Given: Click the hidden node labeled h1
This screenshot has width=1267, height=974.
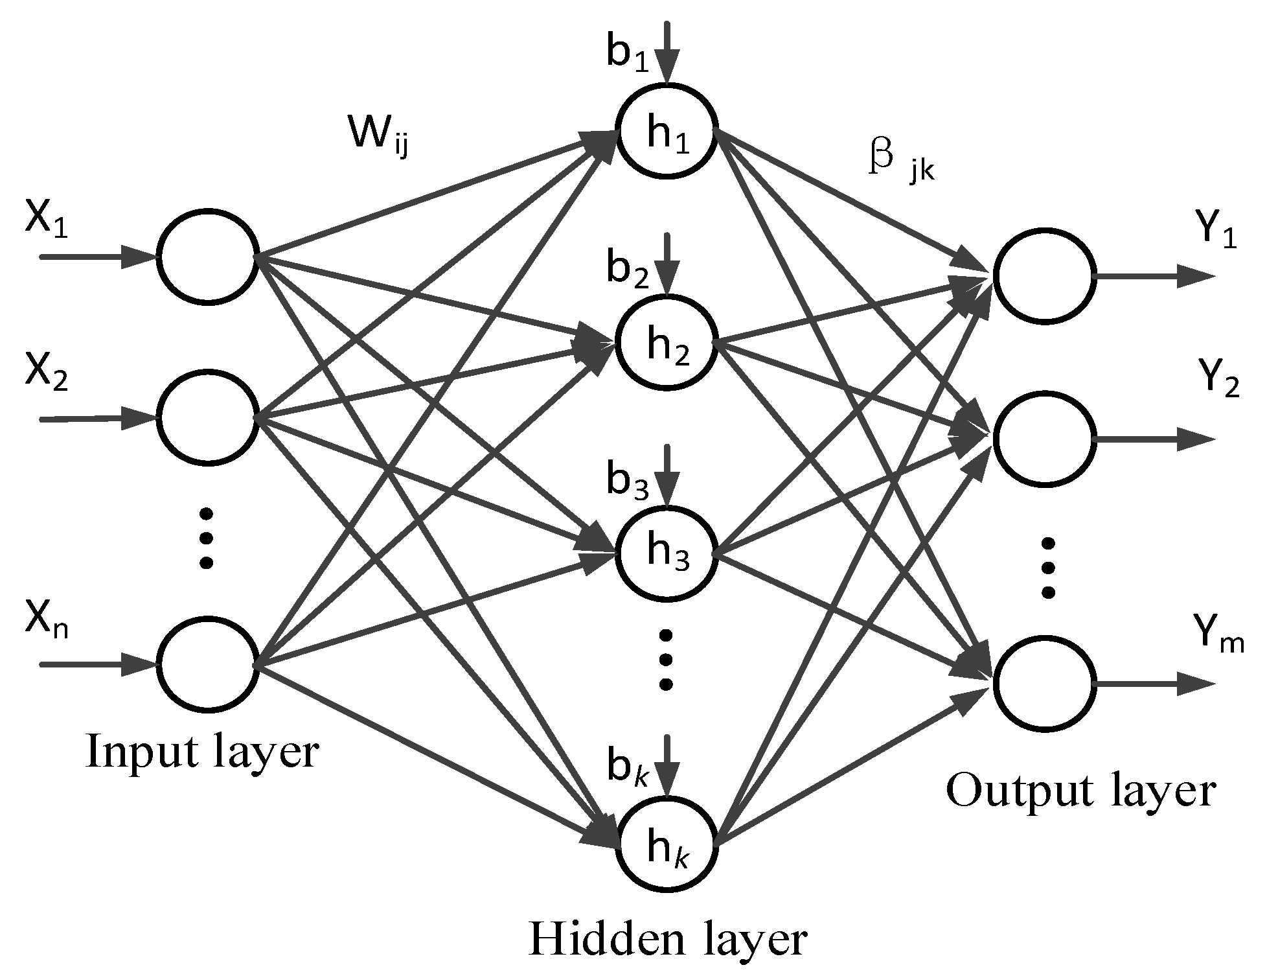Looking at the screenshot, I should pyautogui.click(x=667, y=130).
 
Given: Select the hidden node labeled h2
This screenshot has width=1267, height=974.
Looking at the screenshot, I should pyautogui.click(x=667, y=342).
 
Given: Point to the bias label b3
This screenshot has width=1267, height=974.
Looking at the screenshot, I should pyautogui.click(x=626, y=480).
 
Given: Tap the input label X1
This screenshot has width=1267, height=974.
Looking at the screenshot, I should pyautogui.click(x=46, y=220).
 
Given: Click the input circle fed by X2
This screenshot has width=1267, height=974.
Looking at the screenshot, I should pyautogui.click(x=207, y=418).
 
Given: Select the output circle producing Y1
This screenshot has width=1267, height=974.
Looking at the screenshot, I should pyautogui.click(x=1044, y=275).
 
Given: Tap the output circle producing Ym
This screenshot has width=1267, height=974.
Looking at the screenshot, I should pyautogui.click(x=1044, y=684).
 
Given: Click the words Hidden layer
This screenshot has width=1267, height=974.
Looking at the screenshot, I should pyautogui.click(x=668, y=939).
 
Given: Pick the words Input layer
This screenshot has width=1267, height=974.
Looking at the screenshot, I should pyautogui.click(x=202, y=752).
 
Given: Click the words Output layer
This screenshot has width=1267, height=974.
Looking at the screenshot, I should pyautogui.click(x=1080, y=791).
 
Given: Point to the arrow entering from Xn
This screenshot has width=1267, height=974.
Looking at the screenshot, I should pyautogui.click(x=97, y=665).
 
